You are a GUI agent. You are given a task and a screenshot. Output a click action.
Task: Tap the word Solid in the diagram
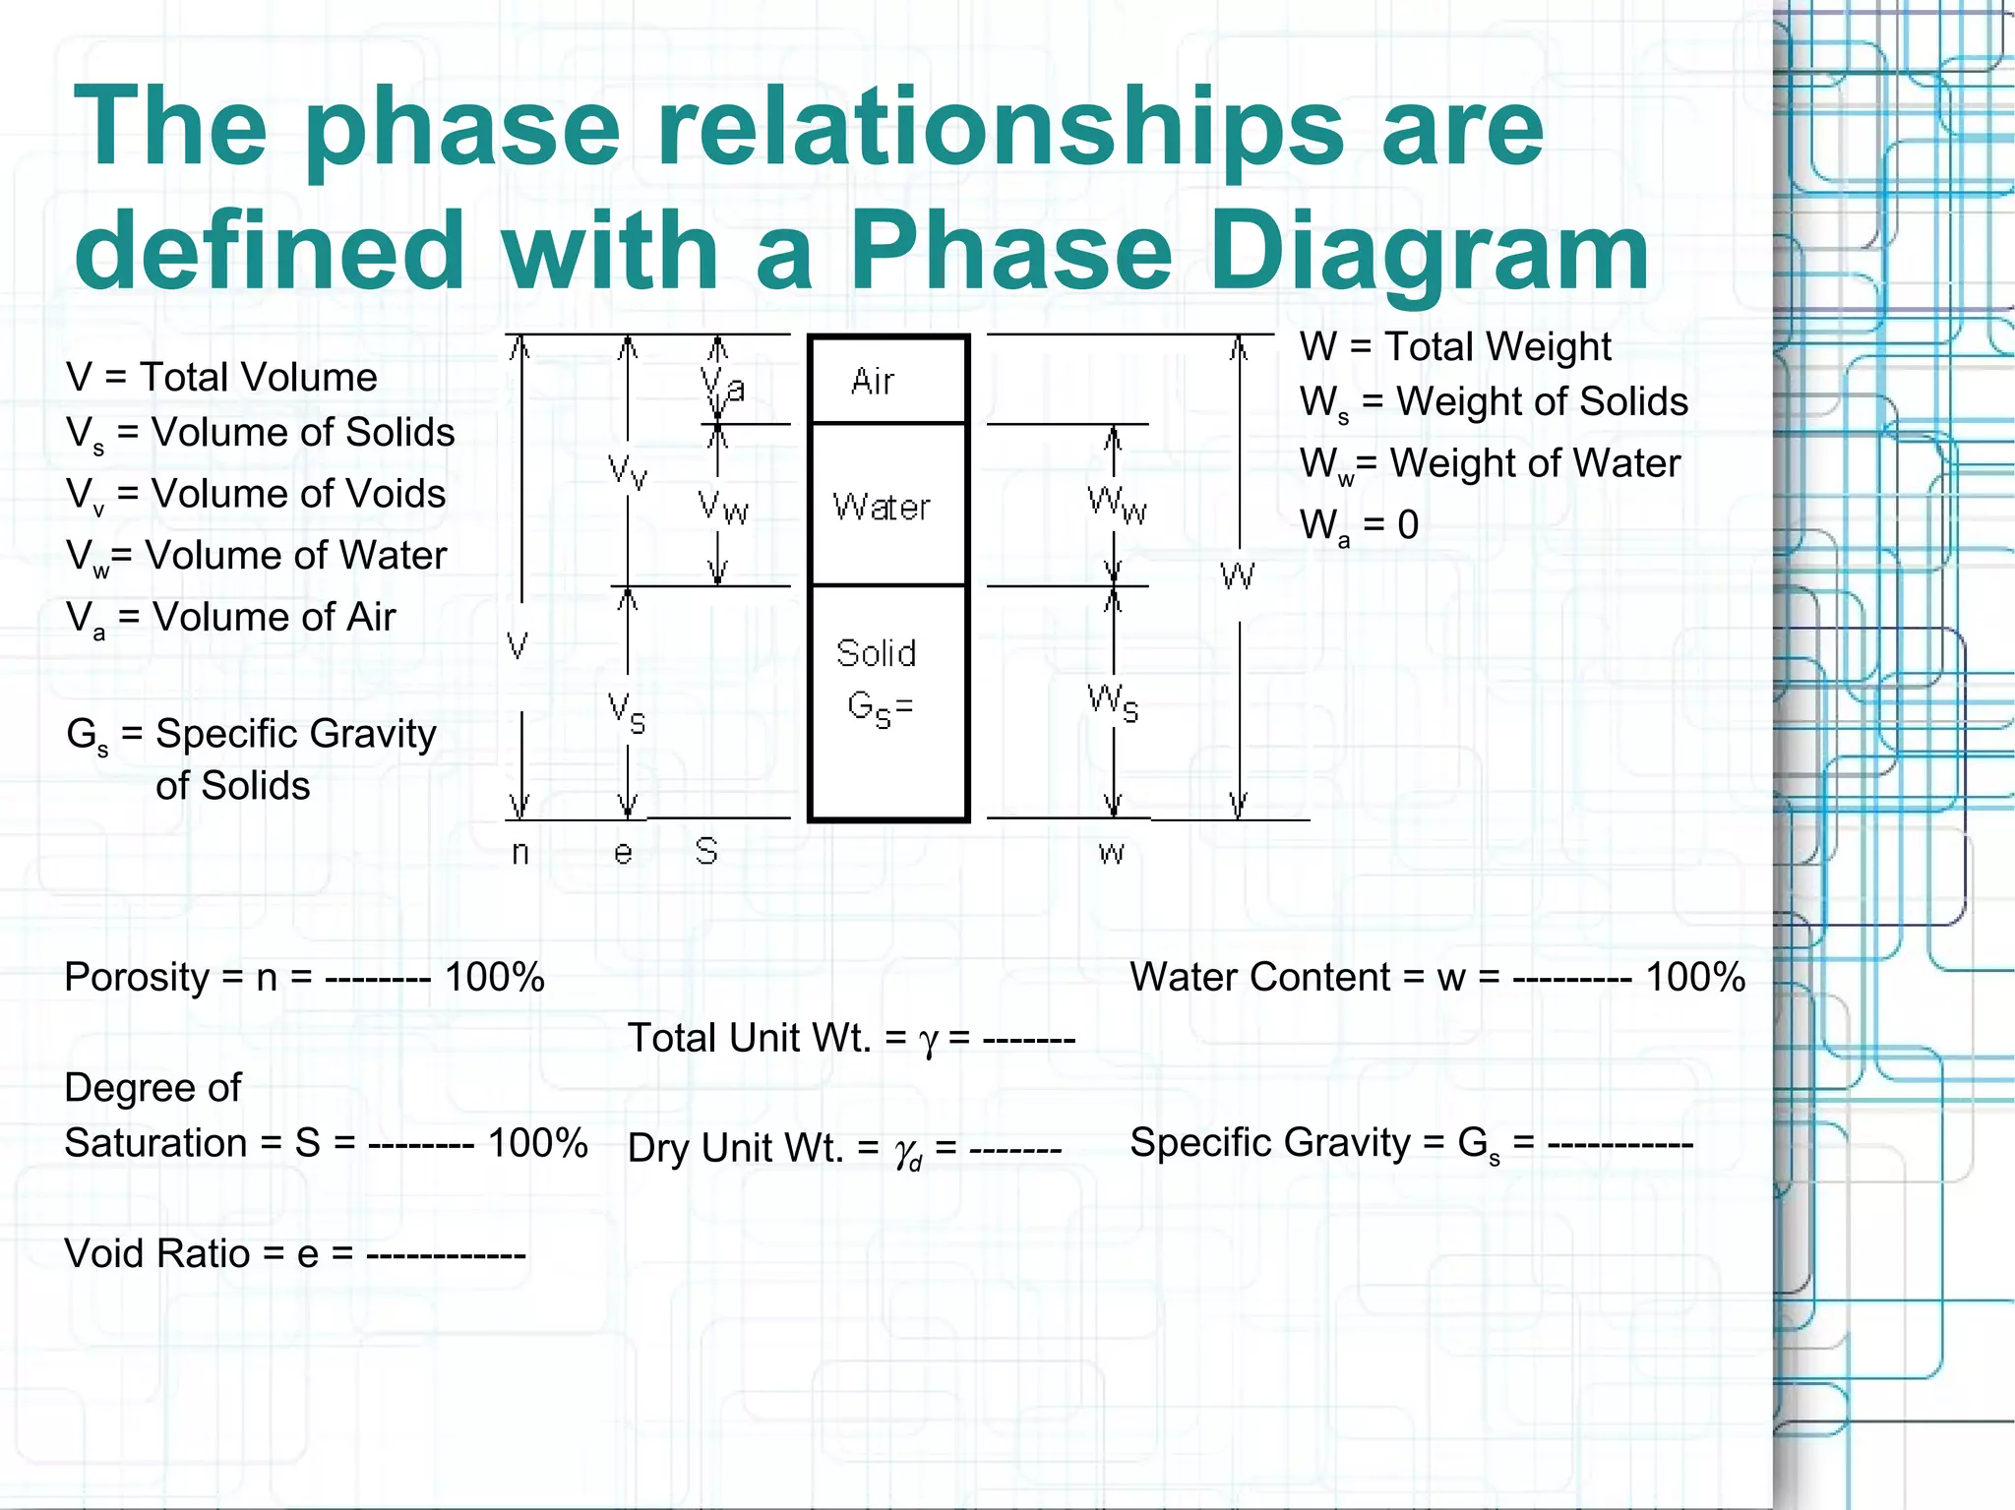pos(876,653)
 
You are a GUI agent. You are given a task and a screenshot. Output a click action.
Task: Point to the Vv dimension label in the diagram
pos(628,471)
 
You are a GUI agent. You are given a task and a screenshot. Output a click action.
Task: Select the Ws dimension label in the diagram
pos(1113,702)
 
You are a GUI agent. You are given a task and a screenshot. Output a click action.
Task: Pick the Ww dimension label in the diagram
pos(1117,505)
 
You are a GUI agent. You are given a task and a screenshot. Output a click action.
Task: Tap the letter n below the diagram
pos(520,852)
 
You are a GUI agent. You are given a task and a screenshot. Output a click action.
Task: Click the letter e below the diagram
pos(623,852)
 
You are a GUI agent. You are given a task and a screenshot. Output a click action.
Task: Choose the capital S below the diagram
pos(705,851)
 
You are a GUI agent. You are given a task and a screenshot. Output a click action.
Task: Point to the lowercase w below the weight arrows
pos(1112,852)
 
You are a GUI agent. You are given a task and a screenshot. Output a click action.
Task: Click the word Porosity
pos(137,978)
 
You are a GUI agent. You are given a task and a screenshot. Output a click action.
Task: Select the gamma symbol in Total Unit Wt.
pos(927,1041)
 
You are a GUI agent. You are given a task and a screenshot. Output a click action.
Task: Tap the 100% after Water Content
pos(1695,977)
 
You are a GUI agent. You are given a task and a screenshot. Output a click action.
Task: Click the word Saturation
pos(155,1143)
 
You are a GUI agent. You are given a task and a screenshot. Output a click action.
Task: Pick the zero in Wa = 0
pos(1408,524)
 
